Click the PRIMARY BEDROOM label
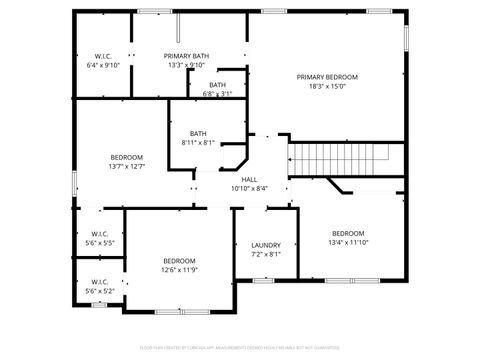[x=327, y=77]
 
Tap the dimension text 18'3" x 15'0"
[x=327, y=86]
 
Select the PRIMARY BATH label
[x=186, y=56]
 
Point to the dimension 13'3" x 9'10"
[x=186, y=65]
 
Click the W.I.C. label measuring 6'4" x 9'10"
[x=103, y=56]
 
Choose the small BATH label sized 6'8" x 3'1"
[x=217, y=85]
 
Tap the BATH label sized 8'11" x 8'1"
[x=198, y=134]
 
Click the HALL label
[x=249, y=179]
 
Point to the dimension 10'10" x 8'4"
[x=249, y=188]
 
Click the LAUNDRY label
[x=266, y=245]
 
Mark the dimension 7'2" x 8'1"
[x=266, y=254]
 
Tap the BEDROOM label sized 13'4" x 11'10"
[x=348, y=233]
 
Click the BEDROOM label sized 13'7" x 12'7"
[x=127, y=157]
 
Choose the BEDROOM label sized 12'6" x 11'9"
[x=179, y=261]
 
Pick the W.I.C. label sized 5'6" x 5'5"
[x=99, y=234]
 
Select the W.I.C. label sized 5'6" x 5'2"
[x=99, y=282]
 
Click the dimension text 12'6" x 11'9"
[x=179, y=270]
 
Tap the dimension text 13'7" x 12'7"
[x=127, y=166]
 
